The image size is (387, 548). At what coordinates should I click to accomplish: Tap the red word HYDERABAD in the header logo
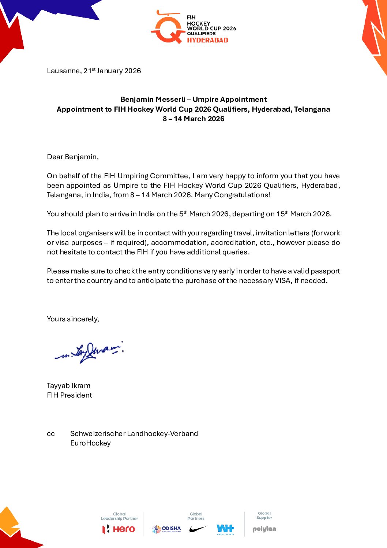tap(207, 40)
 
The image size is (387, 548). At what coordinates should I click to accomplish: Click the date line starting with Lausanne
tap(94, 71)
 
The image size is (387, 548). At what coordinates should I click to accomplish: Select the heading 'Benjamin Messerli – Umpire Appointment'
tap(193, 99)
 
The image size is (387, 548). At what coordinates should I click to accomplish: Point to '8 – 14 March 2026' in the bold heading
tap(193, 119)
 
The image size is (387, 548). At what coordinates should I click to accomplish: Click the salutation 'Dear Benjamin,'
tap(73, 157)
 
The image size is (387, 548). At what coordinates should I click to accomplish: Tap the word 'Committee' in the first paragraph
tap(169, 176)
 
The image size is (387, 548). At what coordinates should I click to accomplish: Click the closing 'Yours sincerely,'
tap(73, 319)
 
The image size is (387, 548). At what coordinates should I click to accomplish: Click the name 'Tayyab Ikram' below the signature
tap(68, 385)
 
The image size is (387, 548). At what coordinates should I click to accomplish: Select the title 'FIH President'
tap(69, 395)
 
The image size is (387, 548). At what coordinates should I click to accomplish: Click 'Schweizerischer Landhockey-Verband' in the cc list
tap(134, 433)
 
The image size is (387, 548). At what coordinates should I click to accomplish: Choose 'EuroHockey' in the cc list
tap(90, 443)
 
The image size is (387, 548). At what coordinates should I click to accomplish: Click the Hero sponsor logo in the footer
tap(119, 529)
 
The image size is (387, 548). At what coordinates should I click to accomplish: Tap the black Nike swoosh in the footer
tap(198, 529)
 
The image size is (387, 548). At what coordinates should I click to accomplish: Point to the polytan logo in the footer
tap(264, 529)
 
